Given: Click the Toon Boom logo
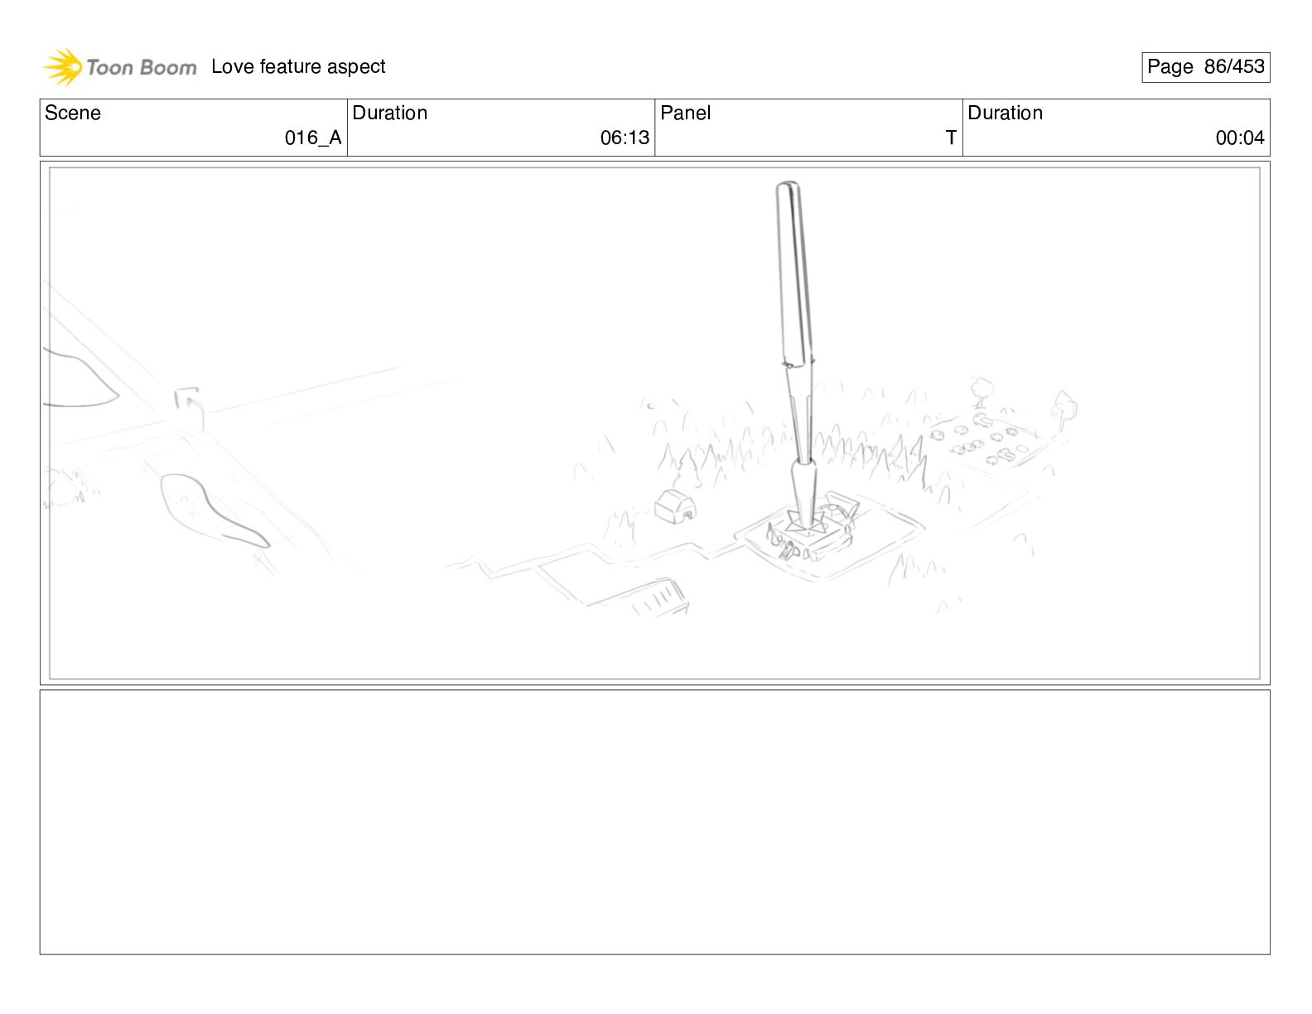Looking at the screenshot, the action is tap(119, 67).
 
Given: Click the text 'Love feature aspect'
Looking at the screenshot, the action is tap(298, 66).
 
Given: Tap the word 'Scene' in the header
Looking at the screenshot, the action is tap(73, 113).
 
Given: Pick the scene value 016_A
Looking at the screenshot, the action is tap(312, 138).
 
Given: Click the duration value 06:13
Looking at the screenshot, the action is tap(625, 138).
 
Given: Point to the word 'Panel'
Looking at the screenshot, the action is tap(685, 113).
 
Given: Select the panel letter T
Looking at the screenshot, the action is tap(951, 138).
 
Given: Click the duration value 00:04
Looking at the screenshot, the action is tap(1239, 138).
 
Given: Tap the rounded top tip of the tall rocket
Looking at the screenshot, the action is tap(787, 188).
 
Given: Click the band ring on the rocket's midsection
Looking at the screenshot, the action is tap(798, 363).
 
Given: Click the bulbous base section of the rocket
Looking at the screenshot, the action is tap(803, 489).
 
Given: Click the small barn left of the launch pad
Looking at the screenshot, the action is tap(675, 506).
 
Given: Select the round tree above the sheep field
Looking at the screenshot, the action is tap(982, 389).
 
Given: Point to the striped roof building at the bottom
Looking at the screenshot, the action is tap(658, 598).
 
